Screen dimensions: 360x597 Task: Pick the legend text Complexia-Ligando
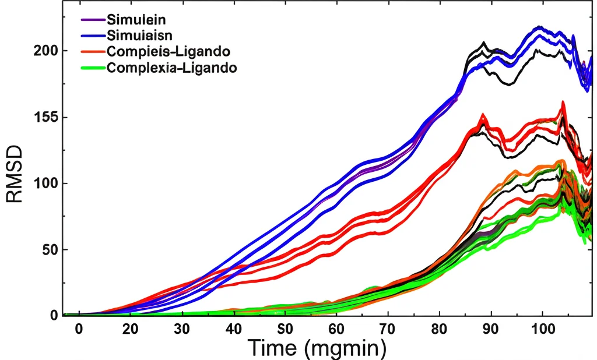[x=171, y=68]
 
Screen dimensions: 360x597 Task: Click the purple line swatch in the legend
[x=92, y=20]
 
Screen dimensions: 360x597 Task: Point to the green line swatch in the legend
[x=92, y=68]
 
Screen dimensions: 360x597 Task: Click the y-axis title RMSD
[x=14, y=174]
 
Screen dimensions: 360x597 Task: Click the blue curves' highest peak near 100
[x=539, y=27]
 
